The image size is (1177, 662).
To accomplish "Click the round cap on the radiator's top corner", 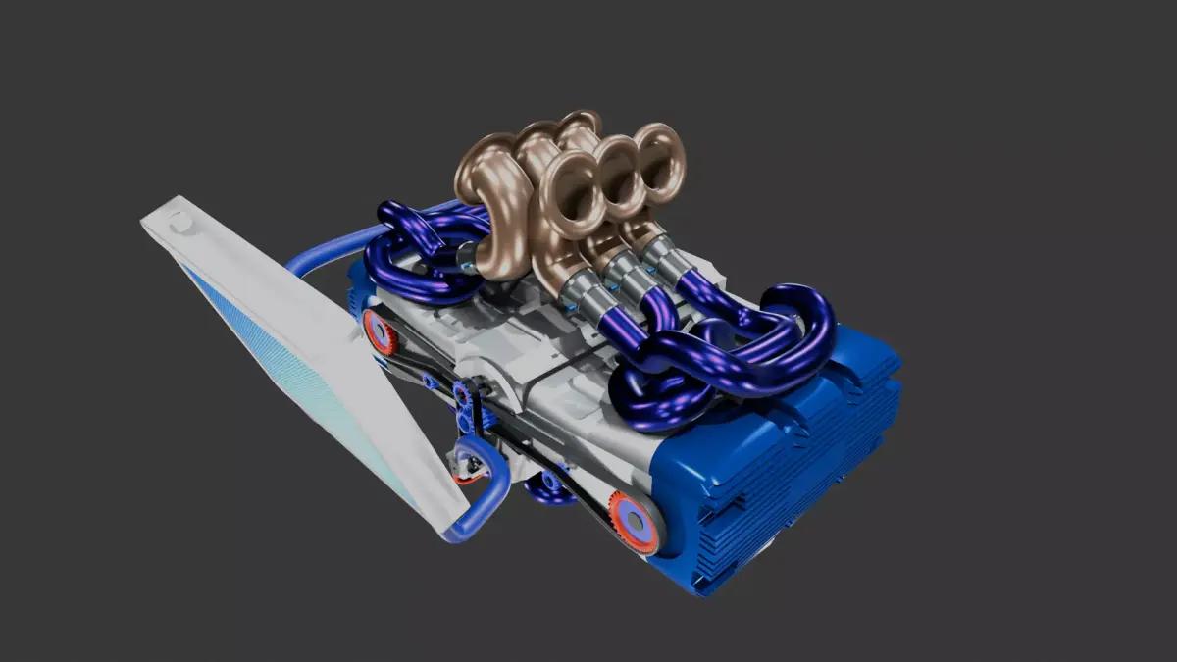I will [180, 221].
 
